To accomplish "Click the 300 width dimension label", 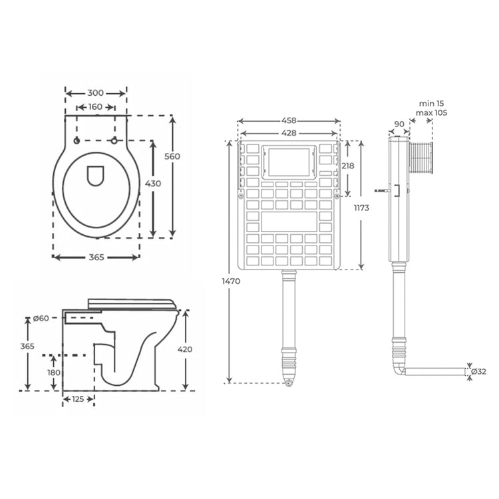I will click(x=96, y=94).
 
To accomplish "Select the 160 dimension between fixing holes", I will click(x=96, y=107).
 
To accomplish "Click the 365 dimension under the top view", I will click(x=96, y=258).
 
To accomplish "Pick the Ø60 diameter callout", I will click(x=41, y=318).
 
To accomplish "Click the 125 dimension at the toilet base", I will click(x=79, y=400).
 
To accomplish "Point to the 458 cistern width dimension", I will click(x=288, y=121).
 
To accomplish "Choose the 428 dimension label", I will click(x=288, y=133).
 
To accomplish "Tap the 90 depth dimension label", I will click(x=399, y=124).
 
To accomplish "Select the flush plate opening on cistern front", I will click(x=288, y=162).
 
